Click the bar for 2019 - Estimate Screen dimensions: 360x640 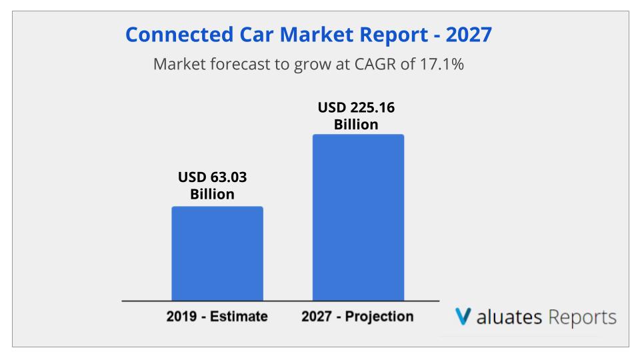tap(217, 254)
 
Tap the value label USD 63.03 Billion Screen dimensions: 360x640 tap(217, 186)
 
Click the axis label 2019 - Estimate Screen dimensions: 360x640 tap(217, 316)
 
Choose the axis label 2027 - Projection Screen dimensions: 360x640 tap(357, 316)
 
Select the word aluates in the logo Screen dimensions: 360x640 tap(508, 317)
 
